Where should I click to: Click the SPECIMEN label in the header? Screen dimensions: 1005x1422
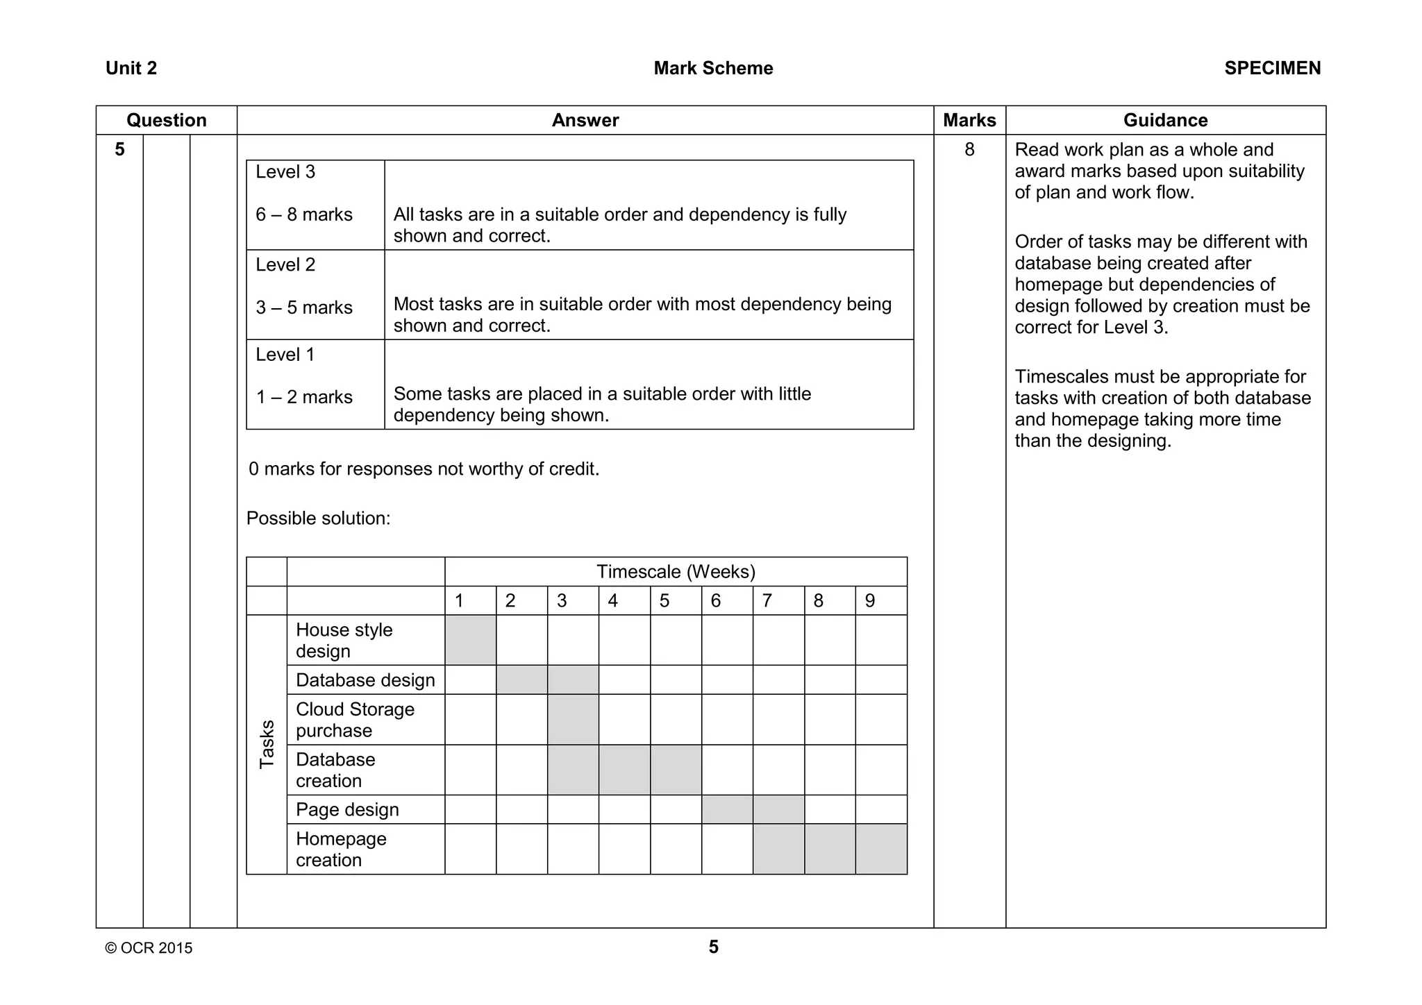pos(1272,68)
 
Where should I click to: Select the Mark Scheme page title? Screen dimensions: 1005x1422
pos(713,68)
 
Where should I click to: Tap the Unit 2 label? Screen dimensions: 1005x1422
pos(131,68)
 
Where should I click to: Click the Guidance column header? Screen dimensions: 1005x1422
pos(1165,120)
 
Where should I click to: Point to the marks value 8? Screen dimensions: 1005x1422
pos(969,149)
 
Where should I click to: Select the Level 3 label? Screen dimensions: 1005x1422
pos(285,171)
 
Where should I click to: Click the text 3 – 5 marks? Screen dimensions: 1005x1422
pos(304,307)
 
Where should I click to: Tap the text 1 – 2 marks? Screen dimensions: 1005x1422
pos(304,397)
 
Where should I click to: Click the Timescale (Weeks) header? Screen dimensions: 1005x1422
pos(676,572)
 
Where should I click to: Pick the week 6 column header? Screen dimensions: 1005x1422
pos(716,600)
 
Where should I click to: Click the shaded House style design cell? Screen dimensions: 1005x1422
pos(470,640)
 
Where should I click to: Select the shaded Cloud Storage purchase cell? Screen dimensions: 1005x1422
pos(573,719)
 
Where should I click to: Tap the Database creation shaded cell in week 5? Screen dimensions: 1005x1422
pos(676,770)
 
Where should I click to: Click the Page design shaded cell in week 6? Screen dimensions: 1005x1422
pos(727,809)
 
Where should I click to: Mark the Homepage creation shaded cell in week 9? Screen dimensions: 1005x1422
pos(881,849)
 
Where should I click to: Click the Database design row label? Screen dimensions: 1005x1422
pos(365,679)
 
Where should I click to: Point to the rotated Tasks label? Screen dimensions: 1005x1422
pos(267,744)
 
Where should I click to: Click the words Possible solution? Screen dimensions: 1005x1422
pos(318,518)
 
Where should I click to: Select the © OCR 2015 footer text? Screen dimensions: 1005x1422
pos(149,948)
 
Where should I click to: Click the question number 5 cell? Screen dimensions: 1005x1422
pos(119,149)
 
